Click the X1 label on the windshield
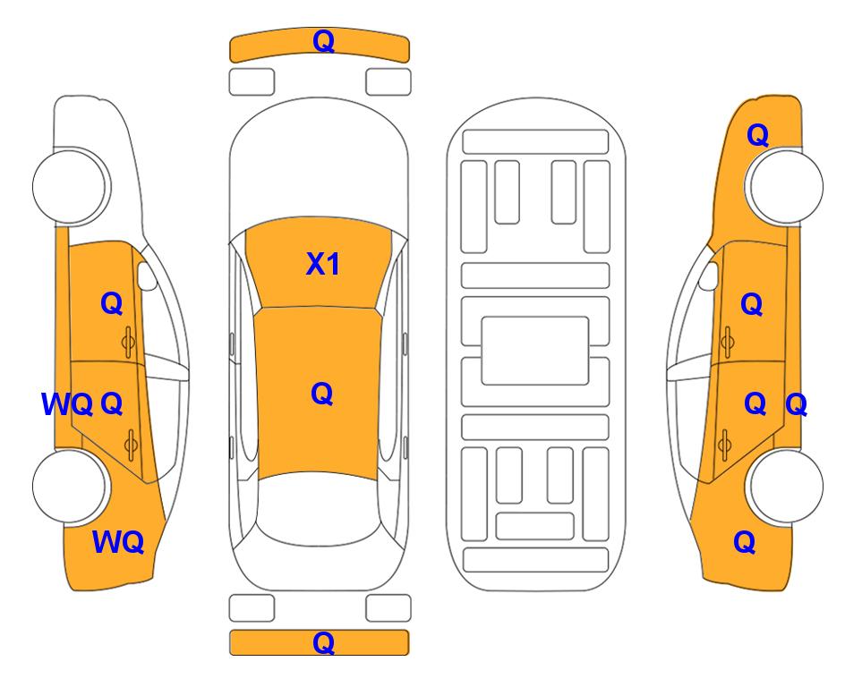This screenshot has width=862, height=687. [x=323, y=264]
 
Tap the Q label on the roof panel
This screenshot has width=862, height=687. [x=322, y=394]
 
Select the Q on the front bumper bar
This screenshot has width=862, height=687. [x=323, y=41]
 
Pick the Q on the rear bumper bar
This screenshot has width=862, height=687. [x=323, y=642]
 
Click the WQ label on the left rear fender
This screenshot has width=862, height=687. [x=118, y=542]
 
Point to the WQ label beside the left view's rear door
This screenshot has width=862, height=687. [x=67, y=404]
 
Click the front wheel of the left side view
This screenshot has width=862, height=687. [x=69, y=186]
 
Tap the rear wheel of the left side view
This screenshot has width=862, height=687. [x=69, y=486]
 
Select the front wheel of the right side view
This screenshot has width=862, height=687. [x=786, y=186]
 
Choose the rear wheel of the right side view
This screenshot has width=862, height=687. [x=786, y=486]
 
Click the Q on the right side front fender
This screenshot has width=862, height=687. [x=757, y=135]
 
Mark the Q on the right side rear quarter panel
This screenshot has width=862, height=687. [x=745, y=542]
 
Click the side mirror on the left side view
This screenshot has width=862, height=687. [x=147, y=276]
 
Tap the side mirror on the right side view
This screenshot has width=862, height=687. [x=709, y=276]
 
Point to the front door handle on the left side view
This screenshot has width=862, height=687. [x=128, y=343]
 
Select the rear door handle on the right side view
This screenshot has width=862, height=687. [x=725, y=445]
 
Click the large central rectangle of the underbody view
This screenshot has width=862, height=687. [x=535, y=351]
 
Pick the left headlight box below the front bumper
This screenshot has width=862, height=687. [x=252, y=82]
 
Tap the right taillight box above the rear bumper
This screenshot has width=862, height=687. [x=388, y=608]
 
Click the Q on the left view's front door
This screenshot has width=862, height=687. [x=112, y=303]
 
